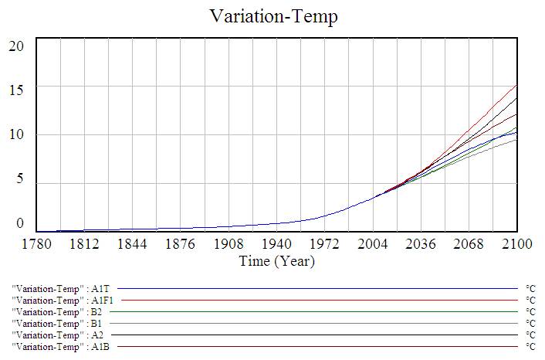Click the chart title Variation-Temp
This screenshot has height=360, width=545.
click(x=273, y=16)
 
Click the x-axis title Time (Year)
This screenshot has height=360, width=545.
click(x=276, y=261)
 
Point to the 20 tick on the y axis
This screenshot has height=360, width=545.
click(x=17, y=46)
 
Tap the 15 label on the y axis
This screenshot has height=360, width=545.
click(x=17, y=90)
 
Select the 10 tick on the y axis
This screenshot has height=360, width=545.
click(x=17, y=135)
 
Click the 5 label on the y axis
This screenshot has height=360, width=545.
click(x=21, y=180)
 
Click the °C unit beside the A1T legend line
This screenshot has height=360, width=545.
click(x=530, y=287)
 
